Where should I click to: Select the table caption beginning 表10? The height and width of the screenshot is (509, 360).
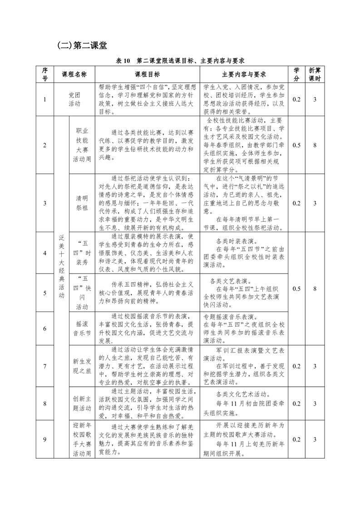[x=180, y=60]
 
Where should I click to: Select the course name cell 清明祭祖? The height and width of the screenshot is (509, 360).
[x=82, y=203]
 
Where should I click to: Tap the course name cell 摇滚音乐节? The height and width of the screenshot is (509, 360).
[x=82, y=328]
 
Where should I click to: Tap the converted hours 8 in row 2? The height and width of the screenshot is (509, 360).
[x=315, y=145]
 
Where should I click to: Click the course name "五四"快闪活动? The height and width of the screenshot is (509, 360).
[x=82, y=293]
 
